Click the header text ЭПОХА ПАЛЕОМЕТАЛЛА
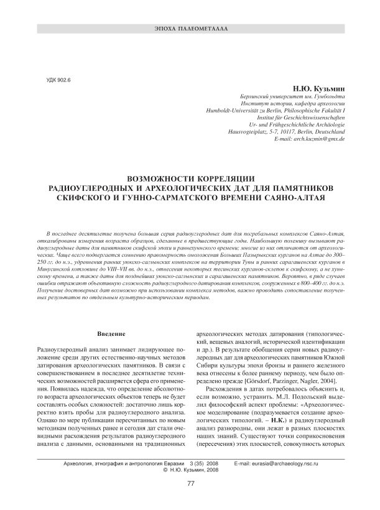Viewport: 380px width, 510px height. (x=190, y=29)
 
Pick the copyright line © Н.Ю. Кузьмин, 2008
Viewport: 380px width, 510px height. (x=190, y=471)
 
